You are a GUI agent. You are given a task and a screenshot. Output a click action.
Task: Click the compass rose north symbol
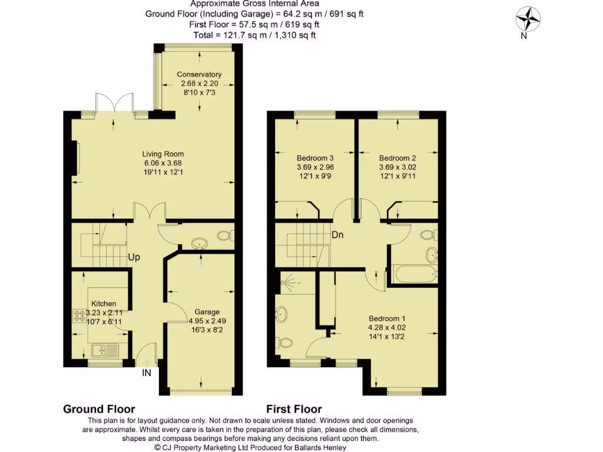528,19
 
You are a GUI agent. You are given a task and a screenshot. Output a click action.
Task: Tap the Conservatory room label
199,75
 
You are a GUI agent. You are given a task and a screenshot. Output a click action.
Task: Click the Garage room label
204,312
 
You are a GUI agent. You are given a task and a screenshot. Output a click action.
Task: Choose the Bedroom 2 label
397,158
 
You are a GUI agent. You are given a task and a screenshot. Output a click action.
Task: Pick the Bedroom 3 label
315,158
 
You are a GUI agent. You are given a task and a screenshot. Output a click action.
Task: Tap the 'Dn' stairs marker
337,235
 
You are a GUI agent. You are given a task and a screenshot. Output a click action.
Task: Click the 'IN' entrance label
147,373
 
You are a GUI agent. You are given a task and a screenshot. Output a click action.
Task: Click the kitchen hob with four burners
79,315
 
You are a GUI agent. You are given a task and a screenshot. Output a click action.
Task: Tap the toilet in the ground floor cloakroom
224,236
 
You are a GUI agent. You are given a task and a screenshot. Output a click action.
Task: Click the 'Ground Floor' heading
99,409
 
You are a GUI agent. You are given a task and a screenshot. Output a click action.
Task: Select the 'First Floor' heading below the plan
294,409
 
